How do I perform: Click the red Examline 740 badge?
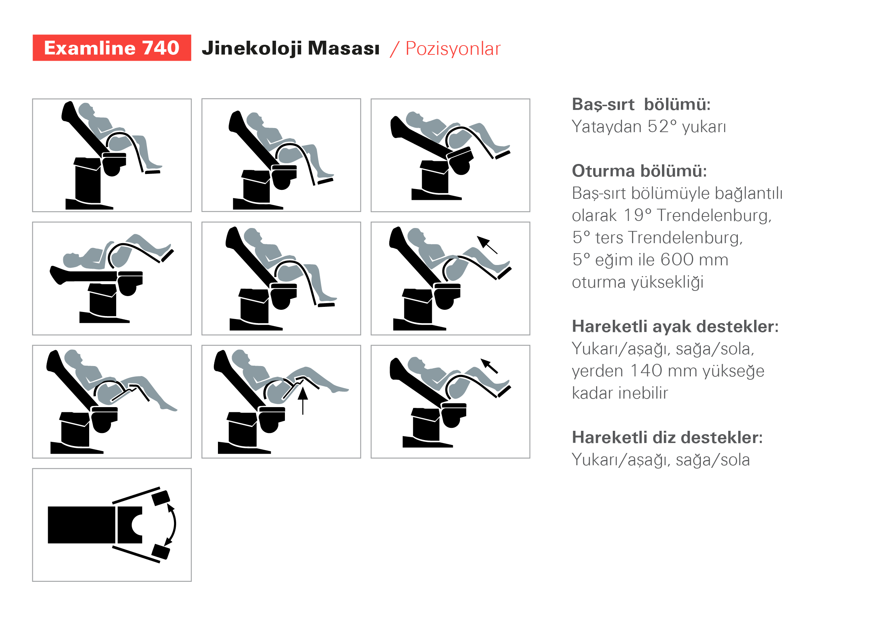tap(112, 48)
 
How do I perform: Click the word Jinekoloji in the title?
tap(252, 49)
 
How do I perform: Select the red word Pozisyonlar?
tap(453, 49)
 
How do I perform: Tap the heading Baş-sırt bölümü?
tap(641, 104)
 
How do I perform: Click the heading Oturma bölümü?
tap(639, 171)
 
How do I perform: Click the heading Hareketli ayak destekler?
tap(675, 326)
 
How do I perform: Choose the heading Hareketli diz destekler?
tap(667, 437)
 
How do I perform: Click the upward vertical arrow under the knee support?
tap(303, 401)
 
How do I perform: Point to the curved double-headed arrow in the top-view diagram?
tap(173, 524)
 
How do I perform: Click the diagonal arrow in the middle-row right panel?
tap(487, 245)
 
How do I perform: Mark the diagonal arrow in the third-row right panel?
tap(490, 366)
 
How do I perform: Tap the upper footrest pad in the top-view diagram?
tap(161, 498)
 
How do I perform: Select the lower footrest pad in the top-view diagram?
tap(161, 552)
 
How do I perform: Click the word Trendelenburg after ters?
tap(685, 238)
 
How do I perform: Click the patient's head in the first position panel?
tap(86, 110)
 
